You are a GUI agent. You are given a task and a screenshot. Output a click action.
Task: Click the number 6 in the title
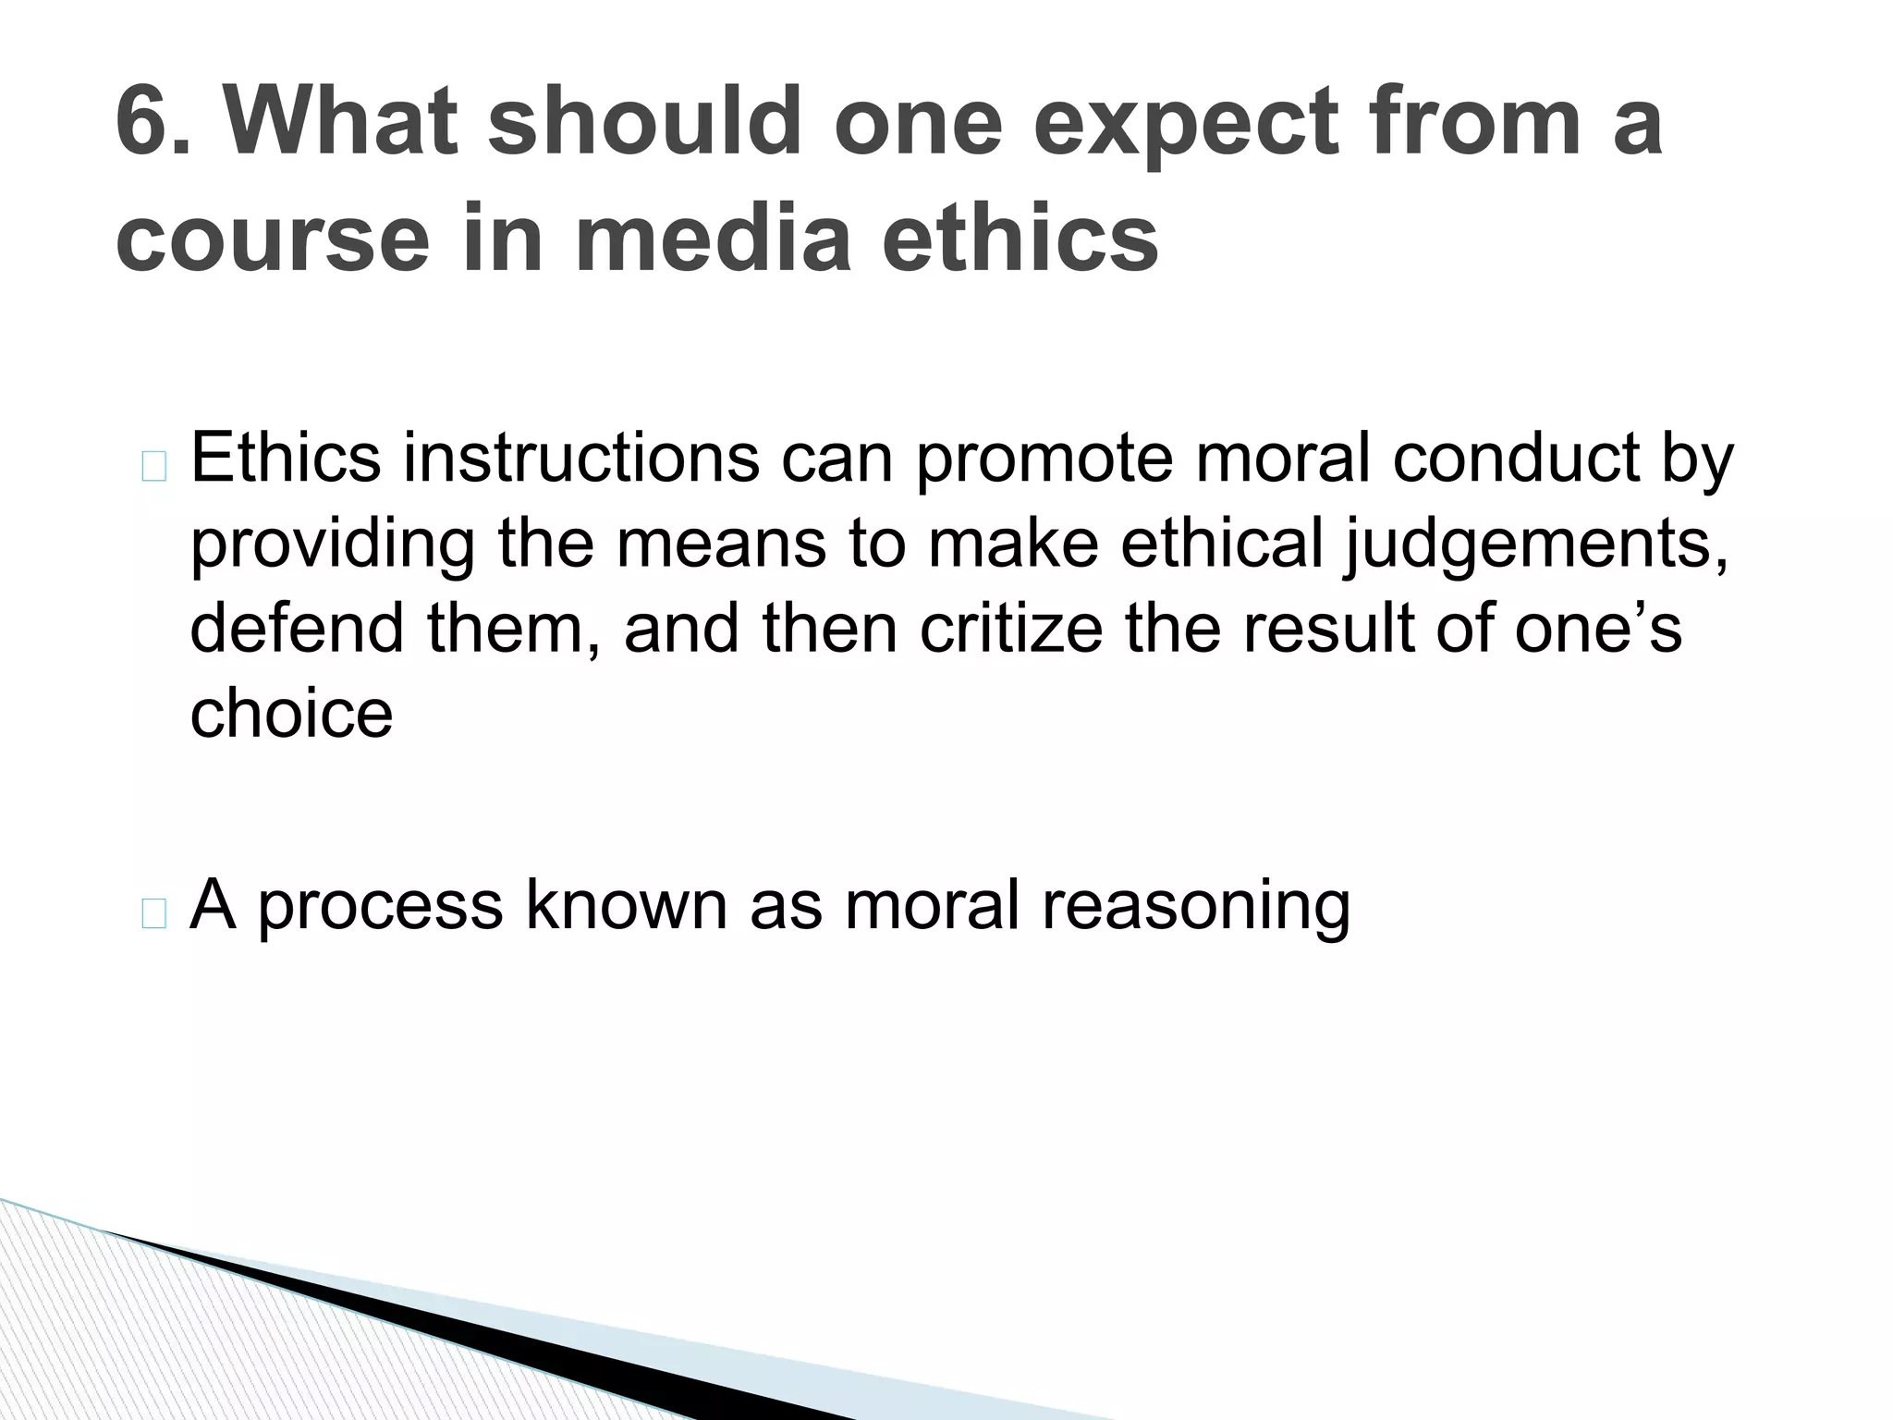[148, 121]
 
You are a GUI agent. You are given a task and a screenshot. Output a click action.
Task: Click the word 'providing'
[333, 545]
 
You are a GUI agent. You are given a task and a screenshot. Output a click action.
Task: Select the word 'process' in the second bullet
[380, 907]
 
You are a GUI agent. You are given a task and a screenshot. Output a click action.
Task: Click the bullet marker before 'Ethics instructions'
[154, 469]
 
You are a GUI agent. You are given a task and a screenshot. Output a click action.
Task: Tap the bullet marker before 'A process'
[154, 914]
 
